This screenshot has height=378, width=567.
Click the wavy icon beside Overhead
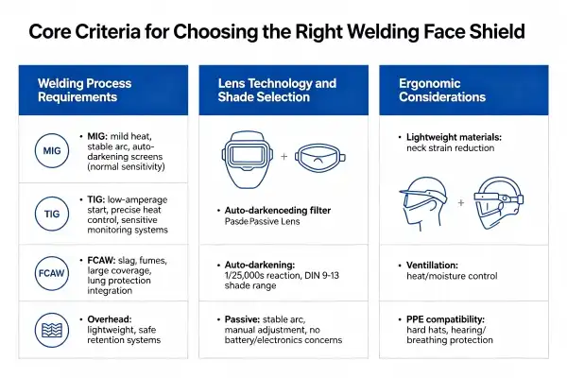tap(52, 330)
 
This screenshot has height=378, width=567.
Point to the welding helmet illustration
tap(248, 160)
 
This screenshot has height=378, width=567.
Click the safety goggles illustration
tap(320, 158)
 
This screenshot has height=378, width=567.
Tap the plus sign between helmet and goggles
tap(284, 156)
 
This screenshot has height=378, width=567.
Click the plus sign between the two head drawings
tap(461, 202)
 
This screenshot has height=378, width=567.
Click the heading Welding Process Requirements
tap(85, 90)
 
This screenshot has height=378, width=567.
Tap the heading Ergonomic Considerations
tap(442, 90)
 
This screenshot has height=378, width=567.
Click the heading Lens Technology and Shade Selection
tap(277, 90)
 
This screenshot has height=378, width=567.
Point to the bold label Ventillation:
tap(432, 266)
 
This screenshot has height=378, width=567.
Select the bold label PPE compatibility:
tap(445, 319)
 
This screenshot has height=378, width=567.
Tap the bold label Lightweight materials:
tap(454, 137)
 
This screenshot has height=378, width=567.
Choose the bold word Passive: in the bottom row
tap(242, 319)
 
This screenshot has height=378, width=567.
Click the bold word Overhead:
tap(110, 319)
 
